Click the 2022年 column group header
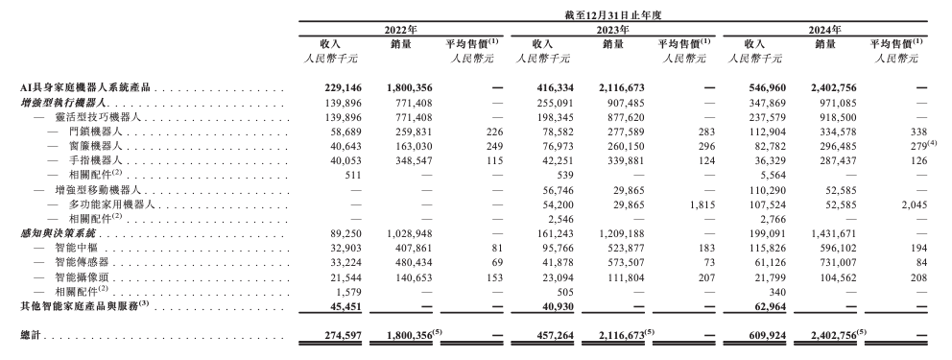tap(400, 30)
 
